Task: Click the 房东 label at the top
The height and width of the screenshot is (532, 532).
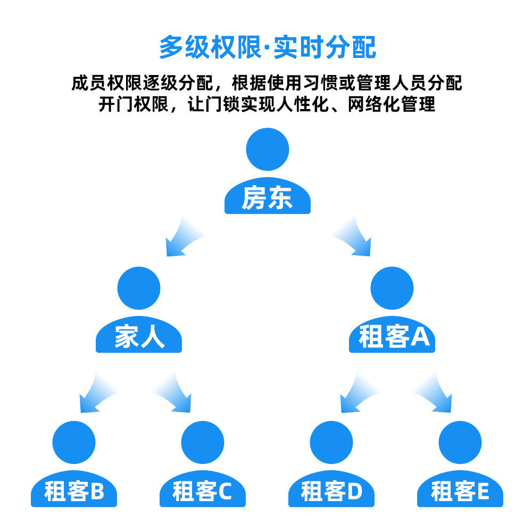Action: coord(267,198)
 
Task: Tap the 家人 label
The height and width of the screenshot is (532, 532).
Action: coord(139,337)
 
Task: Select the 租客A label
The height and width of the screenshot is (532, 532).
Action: coord(393,337)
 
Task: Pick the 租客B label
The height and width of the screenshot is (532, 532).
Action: coord(74,492)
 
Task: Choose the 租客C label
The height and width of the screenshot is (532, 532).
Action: coord(203,492)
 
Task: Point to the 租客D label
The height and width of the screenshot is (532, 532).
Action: coord(331,492)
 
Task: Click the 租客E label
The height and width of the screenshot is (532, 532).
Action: coord(460,492)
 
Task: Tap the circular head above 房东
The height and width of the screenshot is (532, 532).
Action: coord(268,149)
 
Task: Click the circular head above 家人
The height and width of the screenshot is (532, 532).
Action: coord(139,288)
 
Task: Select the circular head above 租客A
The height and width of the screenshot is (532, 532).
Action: coord(392,288)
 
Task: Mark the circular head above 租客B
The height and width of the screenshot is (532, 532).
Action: coord(74,443)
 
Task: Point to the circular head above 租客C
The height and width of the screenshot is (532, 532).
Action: coord(203,443)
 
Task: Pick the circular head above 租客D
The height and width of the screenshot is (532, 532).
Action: coord(331,443)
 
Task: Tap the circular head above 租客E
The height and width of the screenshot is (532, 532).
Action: coord(460,443)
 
